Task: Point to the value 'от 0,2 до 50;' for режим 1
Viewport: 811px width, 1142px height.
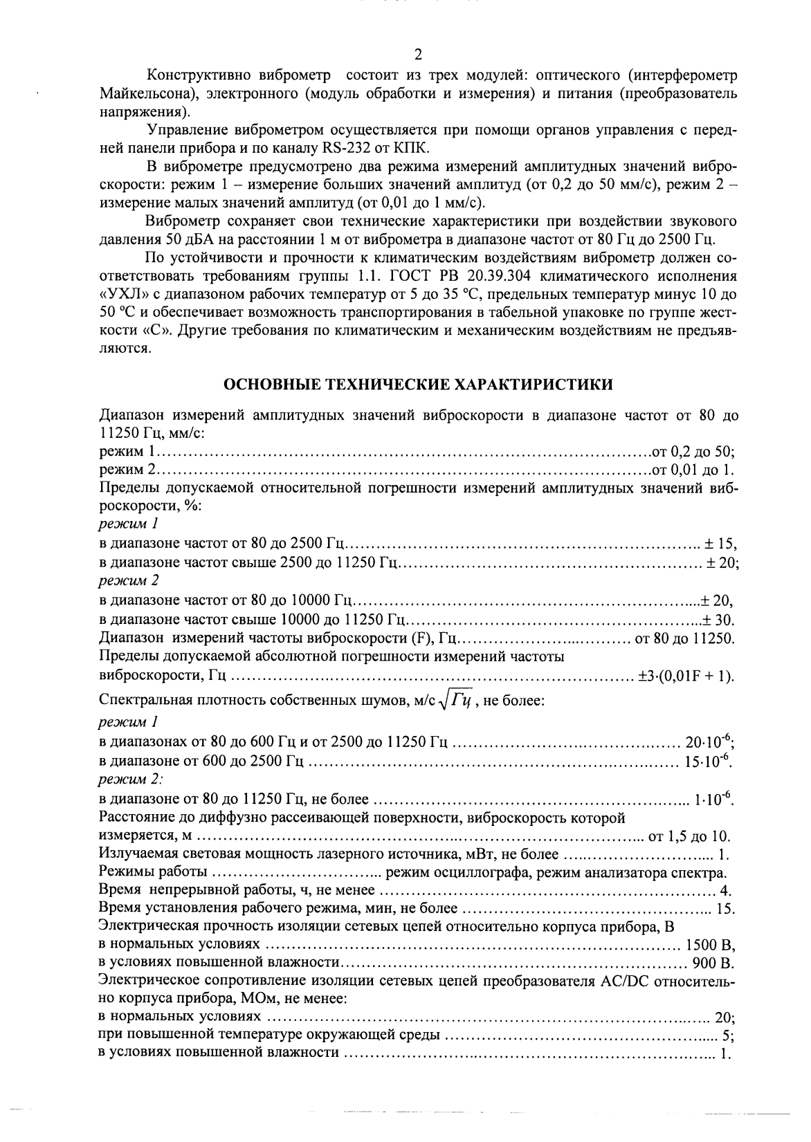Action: (694, 452)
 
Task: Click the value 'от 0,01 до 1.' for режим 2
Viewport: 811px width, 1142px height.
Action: (693, 470)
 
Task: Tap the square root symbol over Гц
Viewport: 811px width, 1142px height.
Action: (457, 701)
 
